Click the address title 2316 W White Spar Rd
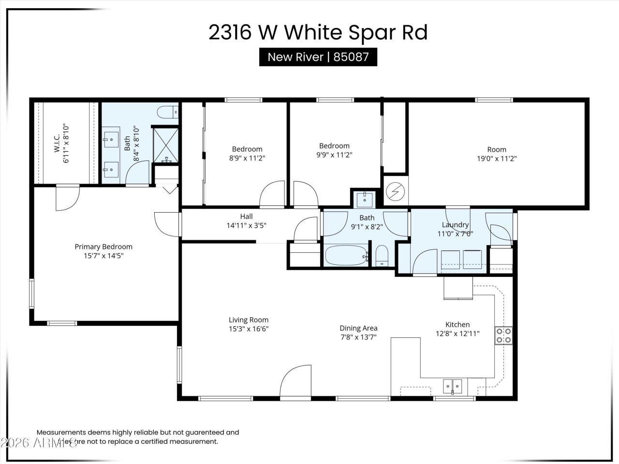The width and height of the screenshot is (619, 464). pos(318,33)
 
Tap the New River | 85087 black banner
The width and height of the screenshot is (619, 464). pos(318,57)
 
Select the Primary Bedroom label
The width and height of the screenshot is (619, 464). pos(103,246)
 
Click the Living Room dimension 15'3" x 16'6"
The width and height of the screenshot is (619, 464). pos(248,329)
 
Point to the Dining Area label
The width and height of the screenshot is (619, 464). pos(358,328)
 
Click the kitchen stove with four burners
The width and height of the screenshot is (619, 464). pos(503,335)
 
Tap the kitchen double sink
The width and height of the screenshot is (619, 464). pos(453,386)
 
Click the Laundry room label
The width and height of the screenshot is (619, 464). pos(455,225)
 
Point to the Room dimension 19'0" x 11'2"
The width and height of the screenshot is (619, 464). pos(496,158)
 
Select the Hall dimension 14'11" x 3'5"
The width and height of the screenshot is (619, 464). pos(246,225)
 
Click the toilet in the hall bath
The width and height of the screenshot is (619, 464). pos(382,255)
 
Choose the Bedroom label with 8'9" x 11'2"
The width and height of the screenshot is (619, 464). pos(247,149)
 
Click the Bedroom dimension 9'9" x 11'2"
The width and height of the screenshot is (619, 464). pos(334,155)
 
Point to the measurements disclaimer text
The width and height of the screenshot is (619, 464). pos(138,437)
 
